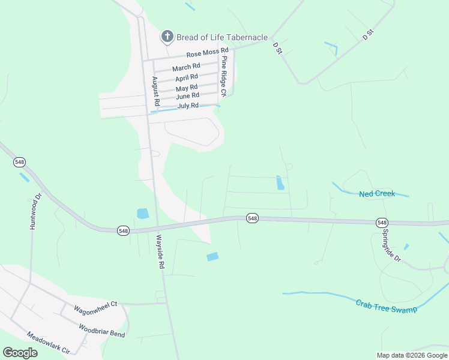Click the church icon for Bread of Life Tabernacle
[167, 37]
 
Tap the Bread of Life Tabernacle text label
[222, 37]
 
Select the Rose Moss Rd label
[207, 52]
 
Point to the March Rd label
[186, 67]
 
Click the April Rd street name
[187, 78]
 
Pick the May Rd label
[187, 88]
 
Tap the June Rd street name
[187, 96]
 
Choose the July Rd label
[188, 106]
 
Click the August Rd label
[155, 91]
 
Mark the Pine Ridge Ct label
[223, 76]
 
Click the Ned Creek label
[377, 194]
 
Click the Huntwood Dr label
[34, 211]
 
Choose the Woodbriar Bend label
[101, 329]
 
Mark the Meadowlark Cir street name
[49, 343]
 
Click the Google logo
[20, 353]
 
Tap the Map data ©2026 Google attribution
[412, 355]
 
